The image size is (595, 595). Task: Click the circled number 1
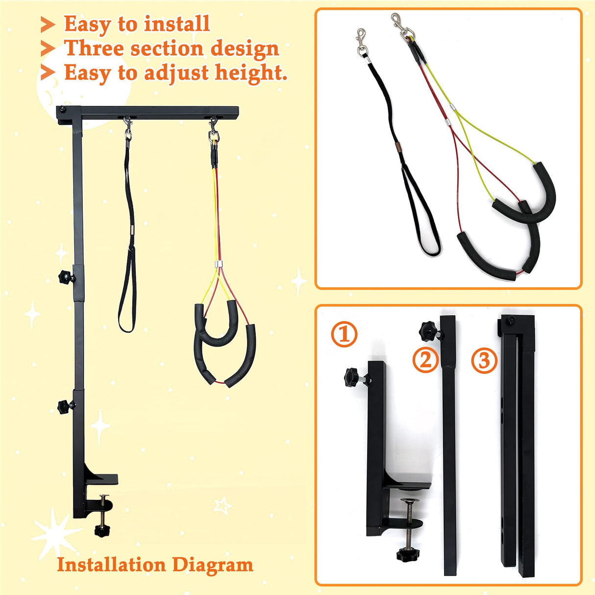[344, 334]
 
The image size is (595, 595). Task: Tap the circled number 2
[425, 360]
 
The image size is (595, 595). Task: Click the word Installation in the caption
[110, 565]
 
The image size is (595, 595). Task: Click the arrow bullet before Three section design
[48, 49]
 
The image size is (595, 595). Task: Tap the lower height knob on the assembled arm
[64, 406]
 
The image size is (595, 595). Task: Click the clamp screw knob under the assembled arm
[102, 531]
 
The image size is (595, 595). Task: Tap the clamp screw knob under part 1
[405, 554]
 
